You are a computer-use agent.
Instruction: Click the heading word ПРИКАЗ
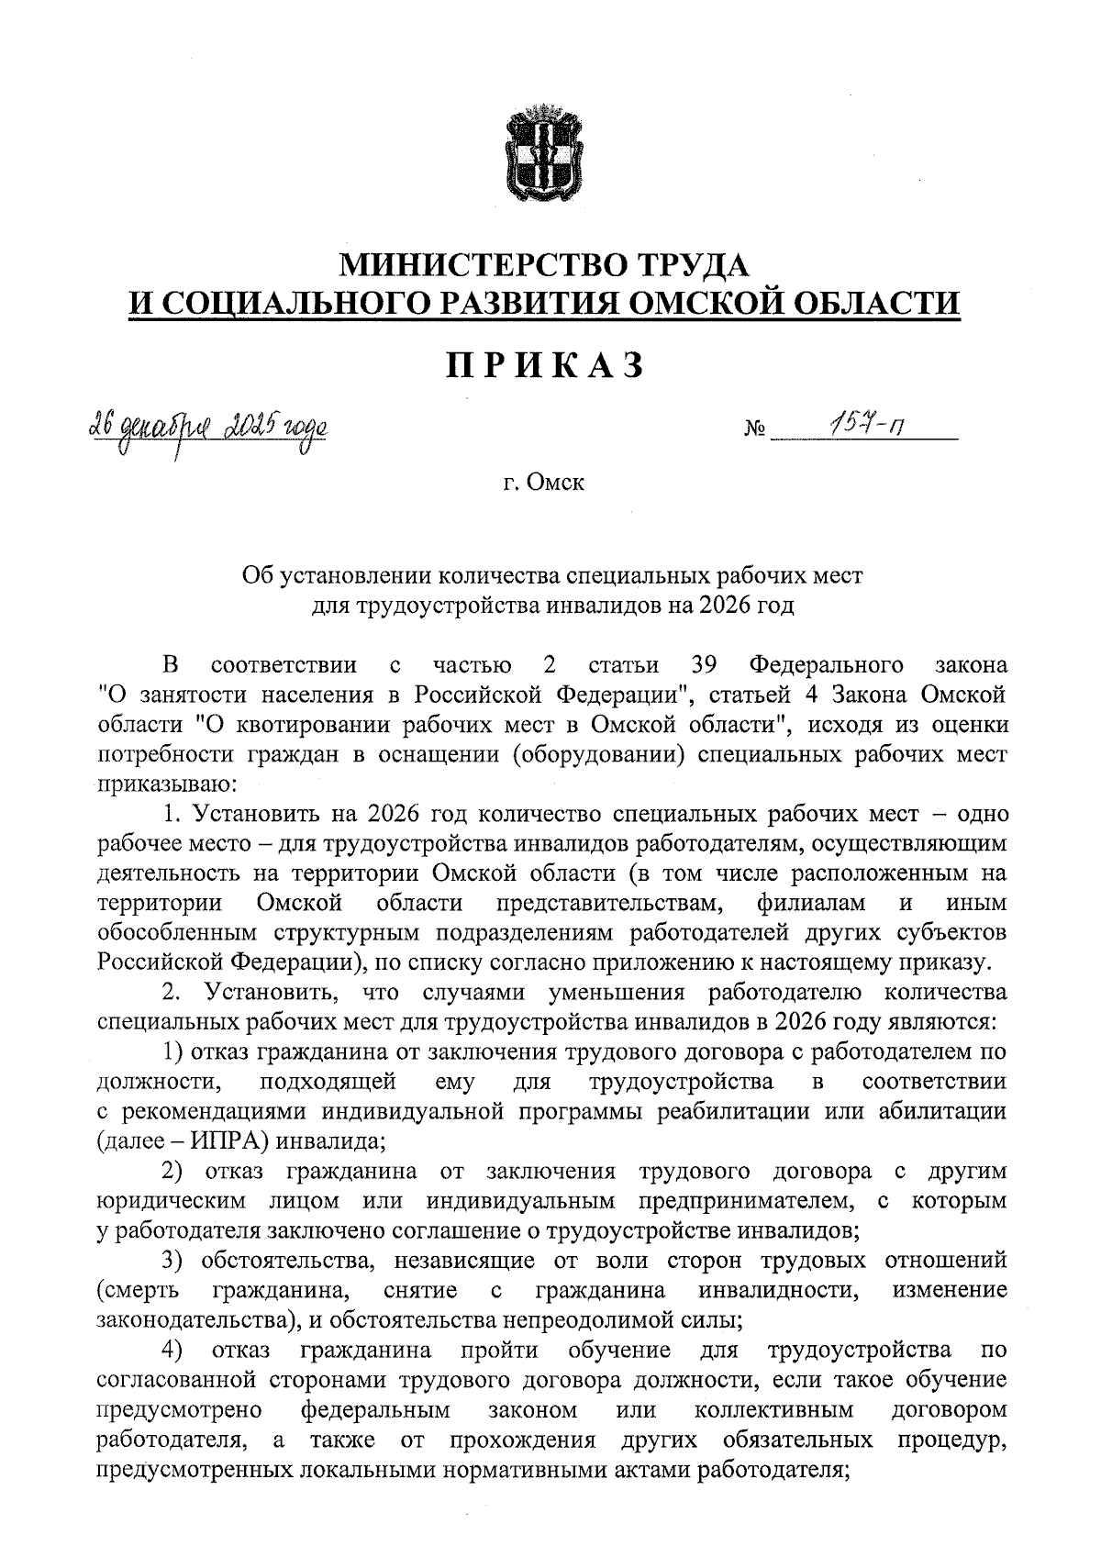coord(545,365)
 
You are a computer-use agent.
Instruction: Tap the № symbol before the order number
coord(756,429)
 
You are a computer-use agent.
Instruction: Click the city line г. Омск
coord(543,483)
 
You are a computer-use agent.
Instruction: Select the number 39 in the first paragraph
coord(703,664)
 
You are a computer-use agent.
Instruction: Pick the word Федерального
coord(826,664)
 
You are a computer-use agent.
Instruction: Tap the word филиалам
coord(812,903)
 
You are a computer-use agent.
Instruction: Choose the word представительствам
coord(607,903)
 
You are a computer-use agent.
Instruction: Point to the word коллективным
coord(774,1409)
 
